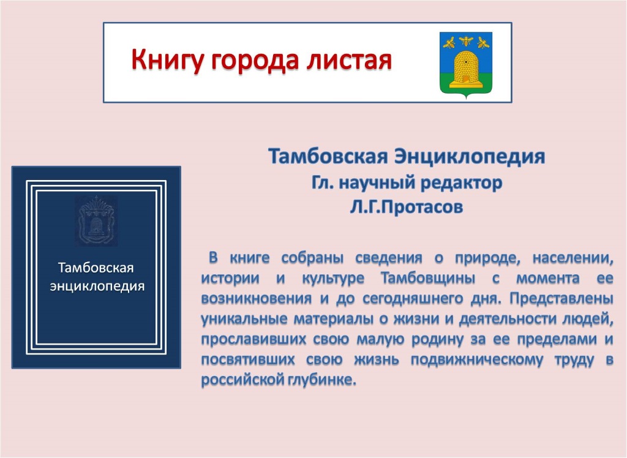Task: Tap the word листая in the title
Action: click(x=349, y=60)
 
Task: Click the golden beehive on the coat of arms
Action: click(x=465, y=68)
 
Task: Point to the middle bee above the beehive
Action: click(x=466, y=40)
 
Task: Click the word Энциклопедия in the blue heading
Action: click(x=470, y=157)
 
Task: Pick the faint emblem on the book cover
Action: click(x=96, y=220)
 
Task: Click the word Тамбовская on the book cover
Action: click(x=96, y=268)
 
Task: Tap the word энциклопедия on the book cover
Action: click(x=97, y=287)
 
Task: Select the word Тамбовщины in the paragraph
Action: click(x=428, y=278)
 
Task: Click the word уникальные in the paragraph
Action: click(x=244, y=319)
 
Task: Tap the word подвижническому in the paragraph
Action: click(x=477, y=360)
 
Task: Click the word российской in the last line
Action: click(x=242, y=380)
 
